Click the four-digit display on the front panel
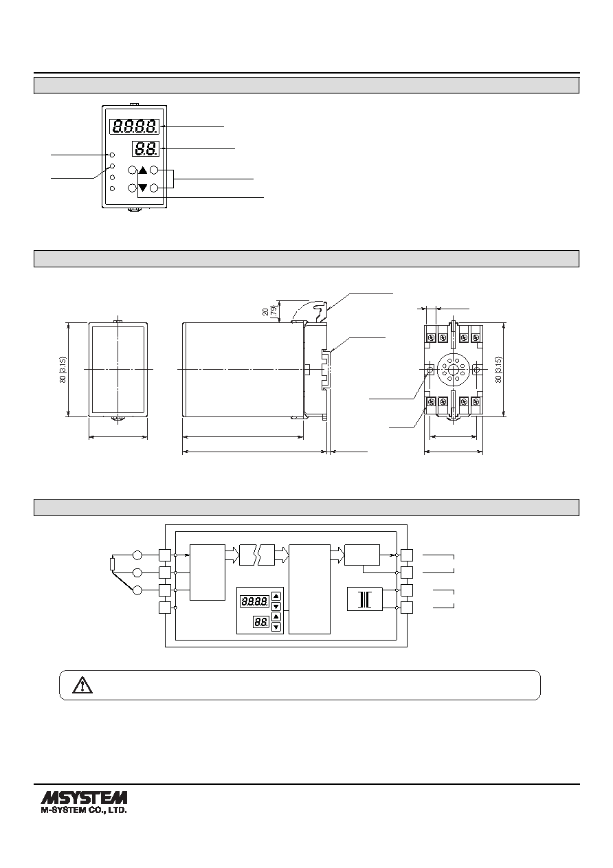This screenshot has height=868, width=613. [x=135, y=126]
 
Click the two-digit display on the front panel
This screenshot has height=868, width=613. [x=146, y=148]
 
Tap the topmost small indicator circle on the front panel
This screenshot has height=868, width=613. [x=113, y=155]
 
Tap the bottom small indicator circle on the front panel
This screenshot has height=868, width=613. [x=113, y=189]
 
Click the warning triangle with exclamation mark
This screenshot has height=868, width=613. [x=82, y=685]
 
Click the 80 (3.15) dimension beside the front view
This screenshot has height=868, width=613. [x=63, y=370]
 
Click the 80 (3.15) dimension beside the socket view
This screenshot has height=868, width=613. [x=499, y=370]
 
